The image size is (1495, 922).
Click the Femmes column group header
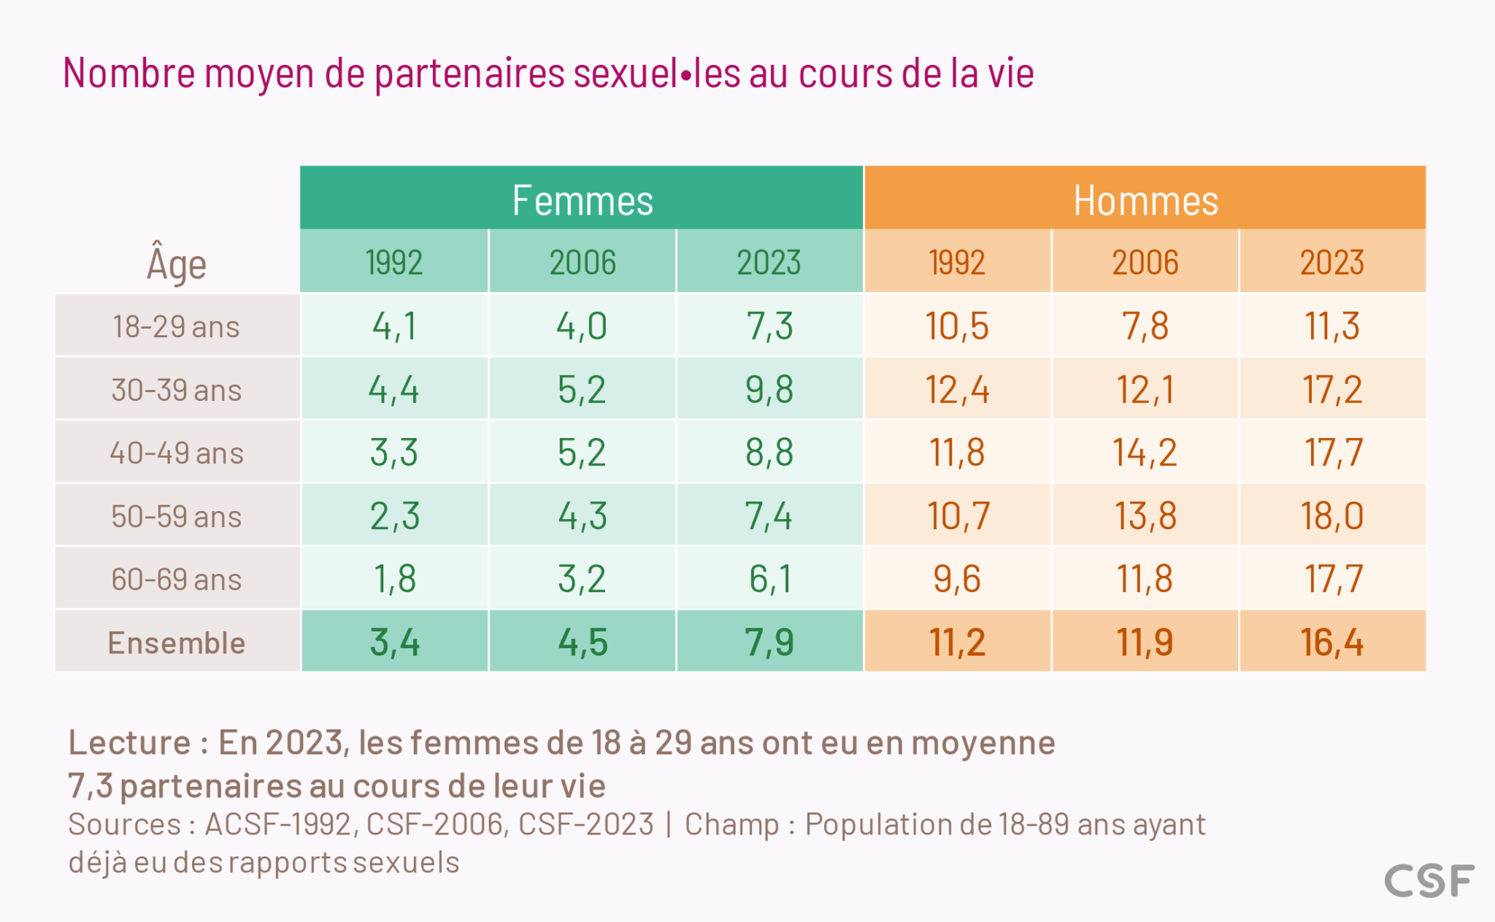coord(582,200)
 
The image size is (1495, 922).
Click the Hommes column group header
coord(1145,200)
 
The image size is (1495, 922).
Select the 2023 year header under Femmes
coord(769,263)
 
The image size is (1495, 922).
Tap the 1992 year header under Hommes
coord(957,263)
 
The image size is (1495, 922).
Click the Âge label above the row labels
coord(177,264)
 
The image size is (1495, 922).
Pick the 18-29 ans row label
coord(177,326)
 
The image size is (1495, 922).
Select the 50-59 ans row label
coord(177,516)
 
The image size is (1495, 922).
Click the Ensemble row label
coord(177,642)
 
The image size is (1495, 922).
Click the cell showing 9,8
coord(769,389)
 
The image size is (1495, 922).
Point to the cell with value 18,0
coord(1331,516)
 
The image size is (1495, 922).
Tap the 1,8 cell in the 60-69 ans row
coord(394,579)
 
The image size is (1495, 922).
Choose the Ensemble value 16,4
coord(1331,642)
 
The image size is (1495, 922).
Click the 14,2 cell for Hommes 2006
coord(1145,453)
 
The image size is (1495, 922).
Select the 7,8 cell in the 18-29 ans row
coord(1145,326)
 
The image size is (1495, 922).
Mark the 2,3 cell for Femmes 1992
coord(394,516)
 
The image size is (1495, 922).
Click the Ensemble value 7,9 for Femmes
coord(769,642)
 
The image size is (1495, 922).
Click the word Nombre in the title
coord(129,74)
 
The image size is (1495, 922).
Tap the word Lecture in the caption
coord(129,742)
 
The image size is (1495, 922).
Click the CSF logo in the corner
coord(1429,880)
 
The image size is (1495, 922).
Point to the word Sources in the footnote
coord(124,824)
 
